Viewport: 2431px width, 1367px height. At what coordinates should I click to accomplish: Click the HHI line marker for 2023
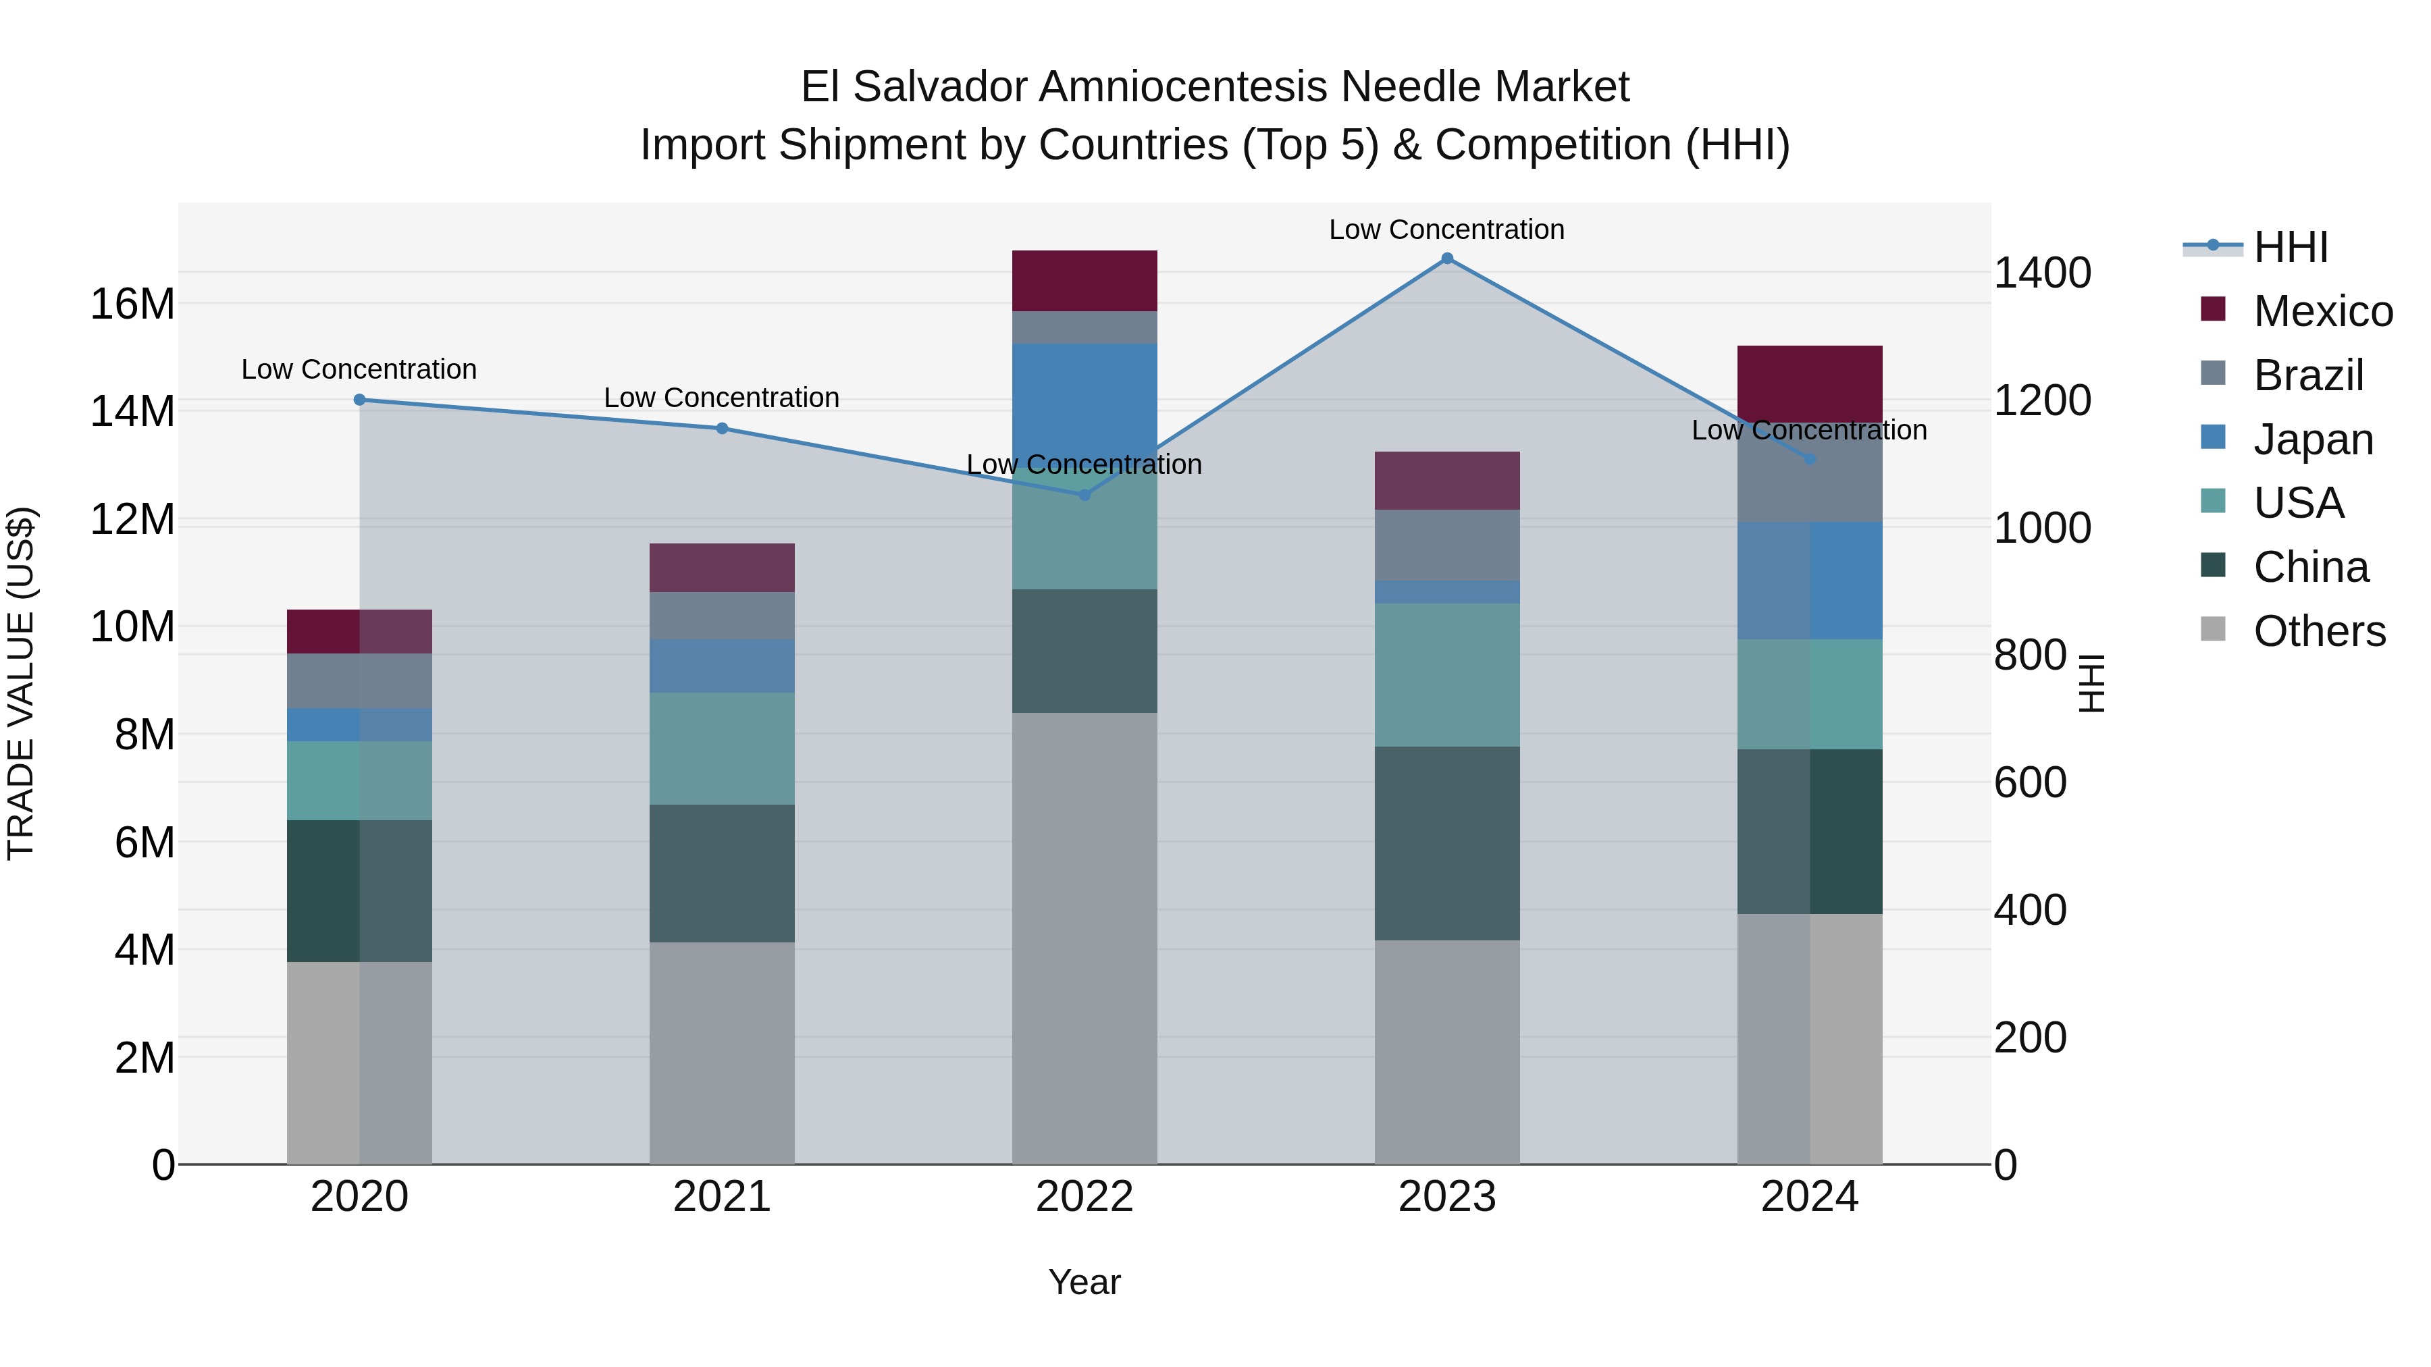pyautogui.click(x=1446, y=259)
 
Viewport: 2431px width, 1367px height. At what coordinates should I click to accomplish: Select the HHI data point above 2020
pyautogui.click(x=359, y=400)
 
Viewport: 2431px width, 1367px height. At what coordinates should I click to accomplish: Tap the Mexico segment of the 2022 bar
pyautogui.click(x=1084, y=281)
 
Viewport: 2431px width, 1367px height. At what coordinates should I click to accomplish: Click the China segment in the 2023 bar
pyautogui.click(x=1446, y=843)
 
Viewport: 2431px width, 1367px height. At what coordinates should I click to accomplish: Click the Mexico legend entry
pyautogui.click(x=2322, y=311)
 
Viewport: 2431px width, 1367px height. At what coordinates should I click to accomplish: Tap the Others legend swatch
pyautogui.click(x=2213, y=629)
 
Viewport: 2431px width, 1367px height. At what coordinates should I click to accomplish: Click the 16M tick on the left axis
pyautogui.click(x=132, y=304)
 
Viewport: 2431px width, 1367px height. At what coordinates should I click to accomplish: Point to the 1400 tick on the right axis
pyautogui.click(x=2042, y=273)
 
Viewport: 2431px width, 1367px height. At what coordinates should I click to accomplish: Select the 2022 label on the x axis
pyautogui.click(x=1084, y=1197)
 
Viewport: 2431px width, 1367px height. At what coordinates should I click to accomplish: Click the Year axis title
pyautogui.click(x=1084, y=1282)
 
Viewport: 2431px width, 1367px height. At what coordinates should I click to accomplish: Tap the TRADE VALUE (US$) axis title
pyautogui.click(x=22, y=683)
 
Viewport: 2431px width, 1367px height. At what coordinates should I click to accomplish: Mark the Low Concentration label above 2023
pyautogui.click(x=1446, y=230)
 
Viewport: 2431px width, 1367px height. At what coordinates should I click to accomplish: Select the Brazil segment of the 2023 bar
pyautogui.click(x=1446, y=545)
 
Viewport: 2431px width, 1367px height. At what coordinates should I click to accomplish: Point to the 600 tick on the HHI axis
pyautogui.click(x=2030, y=782)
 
